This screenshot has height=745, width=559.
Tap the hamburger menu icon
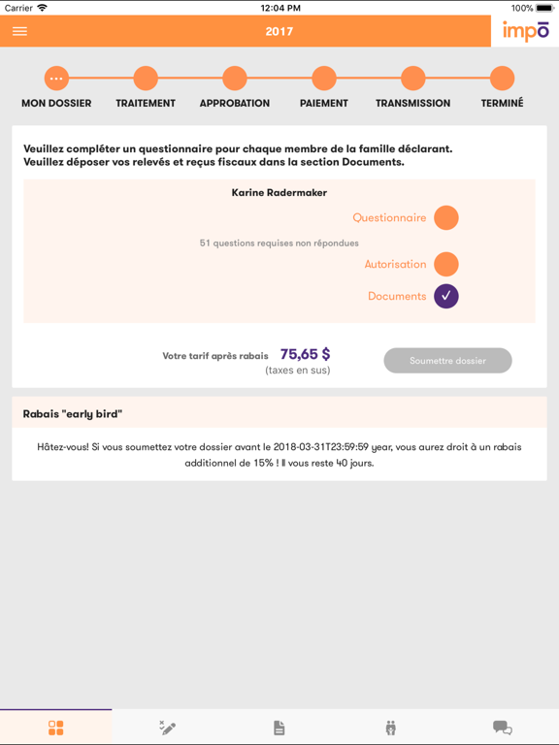click(19, 31)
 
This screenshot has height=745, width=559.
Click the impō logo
click(525, 31)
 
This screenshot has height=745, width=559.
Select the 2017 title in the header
click(279, 31)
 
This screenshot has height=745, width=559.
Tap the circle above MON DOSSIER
click(56, 78)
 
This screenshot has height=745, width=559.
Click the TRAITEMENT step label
click(146, 103)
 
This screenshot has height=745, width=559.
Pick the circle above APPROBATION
click(235, 78)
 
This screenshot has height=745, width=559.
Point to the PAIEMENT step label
click(324, 103)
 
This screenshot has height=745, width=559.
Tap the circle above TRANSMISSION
click(413, 78)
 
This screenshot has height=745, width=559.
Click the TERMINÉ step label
click(502, 103)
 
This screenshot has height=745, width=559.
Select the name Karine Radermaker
click(279, 193)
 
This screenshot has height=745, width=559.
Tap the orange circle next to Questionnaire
click(446, 218)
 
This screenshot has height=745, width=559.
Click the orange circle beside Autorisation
click(446, 264)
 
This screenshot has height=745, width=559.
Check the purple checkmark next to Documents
click(446, 296)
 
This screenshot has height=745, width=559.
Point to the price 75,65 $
click(305, 354)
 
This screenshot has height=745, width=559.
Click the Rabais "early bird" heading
click(73, 414)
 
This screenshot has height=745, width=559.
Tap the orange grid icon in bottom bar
click(56, 728)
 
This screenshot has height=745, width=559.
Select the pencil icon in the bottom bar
click(168, 728)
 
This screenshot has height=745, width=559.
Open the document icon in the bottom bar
click(279, 728)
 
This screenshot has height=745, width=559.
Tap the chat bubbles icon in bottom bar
click(502, 728)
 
